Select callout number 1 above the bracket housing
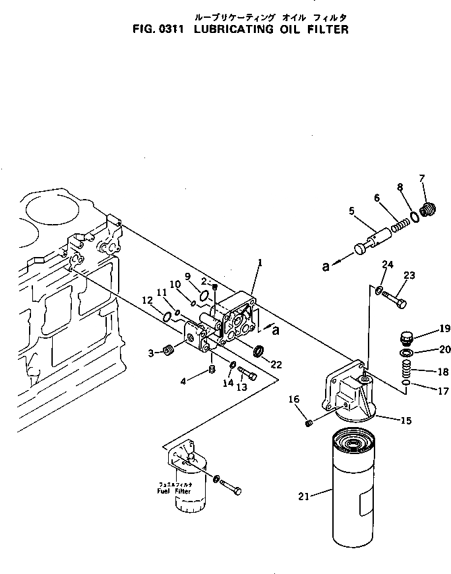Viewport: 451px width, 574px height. pyautogui.click(x=260, y=263)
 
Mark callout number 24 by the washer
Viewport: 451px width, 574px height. pyautogui.click(x=387, y=266)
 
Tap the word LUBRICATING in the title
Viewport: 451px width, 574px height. pyautogui.click(x=231, y=30)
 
